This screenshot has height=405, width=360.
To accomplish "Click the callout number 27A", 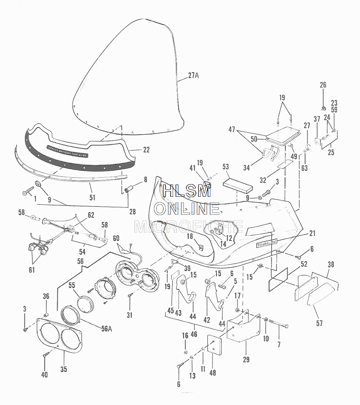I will [193, 76].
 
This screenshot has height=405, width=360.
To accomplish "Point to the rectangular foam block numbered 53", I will [238, 185].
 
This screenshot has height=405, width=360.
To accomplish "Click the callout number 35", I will [64, 369].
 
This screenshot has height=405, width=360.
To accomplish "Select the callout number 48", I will [212, 373].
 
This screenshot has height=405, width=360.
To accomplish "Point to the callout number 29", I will [246, 359].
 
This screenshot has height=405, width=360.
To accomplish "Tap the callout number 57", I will [319, 323].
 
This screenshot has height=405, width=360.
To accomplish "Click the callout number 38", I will [331, 264].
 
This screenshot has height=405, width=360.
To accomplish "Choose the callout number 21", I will [312, 233].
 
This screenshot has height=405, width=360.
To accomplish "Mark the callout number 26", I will [323, 85].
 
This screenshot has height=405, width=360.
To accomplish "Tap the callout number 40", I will [44, 374].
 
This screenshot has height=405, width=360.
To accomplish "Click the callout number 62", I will [90, 215].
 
